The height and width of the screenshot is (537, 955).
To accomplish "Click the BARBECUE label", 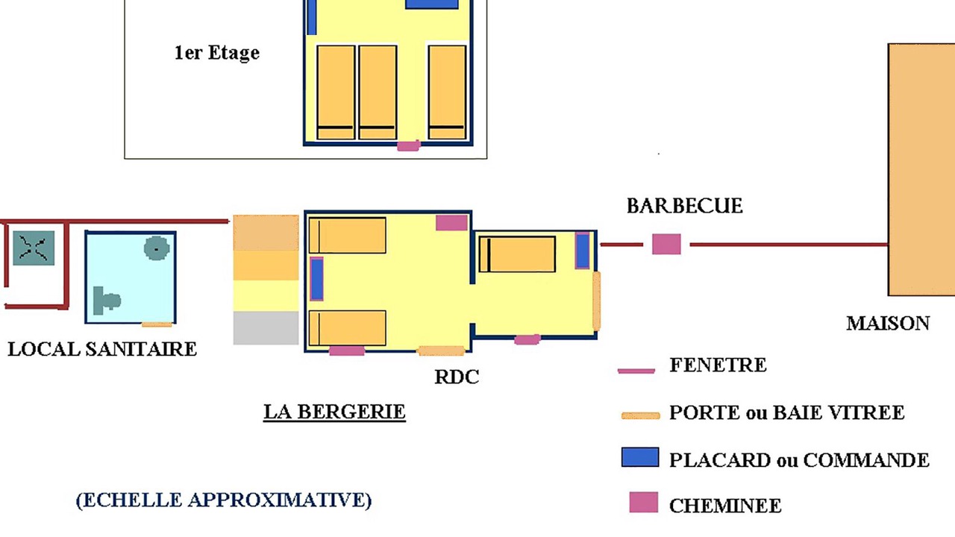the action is [685, 206].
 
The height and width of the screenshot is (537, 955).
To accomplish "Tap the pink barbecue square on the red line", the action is [666, 244].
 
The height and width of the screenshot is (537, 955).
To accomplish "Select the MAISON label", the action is [888, 324].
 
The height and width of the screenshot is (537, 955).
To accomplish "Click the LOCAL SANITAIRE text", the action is [102, 349].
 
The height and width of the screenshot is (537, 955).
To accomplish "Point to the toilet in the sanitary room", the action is [106, 300].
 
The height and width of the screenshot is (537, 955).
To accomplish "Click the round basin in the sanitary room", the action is [157, 248].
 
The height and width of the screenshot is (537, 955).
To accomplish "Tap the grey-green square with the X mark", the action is [34, 248].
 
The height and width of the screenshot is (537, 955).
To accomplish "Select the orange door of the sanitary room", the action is [157, 324].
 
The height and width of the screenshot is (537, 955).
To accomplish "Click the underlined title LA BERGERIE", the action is [334, 412].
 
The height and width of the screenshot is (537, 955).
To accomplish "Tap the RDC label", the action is [457, 377].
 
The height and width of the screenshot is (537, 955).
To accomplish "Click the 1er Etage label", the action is [217, 53].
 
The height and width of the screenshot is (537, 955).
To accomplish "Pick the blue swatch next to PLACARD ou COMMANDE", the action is [640, 457].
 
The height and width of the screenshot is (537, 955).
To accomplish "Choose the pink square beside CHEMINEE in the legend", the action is [644, 502].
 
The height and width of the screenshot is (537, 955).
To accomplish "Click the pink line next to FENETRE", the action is [636, 371].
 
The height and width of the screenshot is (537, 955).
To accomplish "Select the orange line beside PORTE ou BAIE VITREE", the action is [640, 415].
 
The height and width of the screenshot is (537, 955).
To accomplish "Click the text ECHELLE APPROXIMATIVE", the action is [224, 500].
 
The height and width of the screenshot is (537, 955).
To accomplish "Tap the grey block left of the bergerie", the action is [266, 327].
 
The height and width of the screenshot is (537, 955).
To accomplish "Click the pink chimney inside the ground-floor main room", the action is [451, 222].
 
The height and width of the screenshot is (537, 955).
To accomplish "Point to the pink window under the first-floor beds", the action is [409, 145].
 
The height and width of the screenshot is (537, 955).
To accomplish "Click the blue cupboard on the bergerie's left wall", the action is [316, 279].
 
